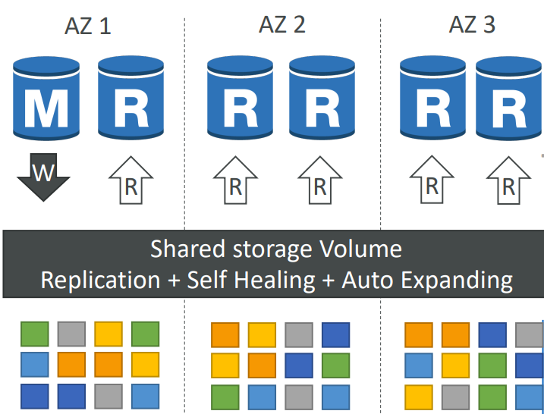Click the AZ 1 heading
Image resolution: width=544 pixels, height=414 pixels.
pos(88,26)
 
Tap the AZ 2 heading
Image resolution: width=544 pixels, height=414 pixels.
pos(282,25)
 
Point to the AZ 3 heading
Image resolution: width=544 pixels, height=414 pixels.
pos(472,25)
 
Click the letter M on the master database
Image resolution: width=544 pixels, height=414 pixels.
pos(46,109)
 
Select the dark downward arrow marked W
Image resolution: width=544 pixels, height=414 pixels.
pos(43,177)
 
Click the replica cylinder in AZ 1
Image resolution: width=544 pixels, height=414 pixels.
pos(130,97)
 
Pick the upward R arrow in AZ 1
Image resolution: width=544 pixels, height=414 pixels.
pos(130,180)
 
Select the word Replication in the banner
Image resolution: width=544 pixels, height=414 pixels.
pos(101,280)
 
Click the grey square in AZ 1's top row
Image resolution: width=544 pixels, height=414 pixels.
pos(71,334)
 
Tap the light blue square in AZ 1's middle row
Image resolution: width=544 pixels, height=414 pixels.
pos(35,365)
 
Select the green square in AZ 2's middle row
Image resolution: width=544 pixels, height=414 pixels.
pos(336,365)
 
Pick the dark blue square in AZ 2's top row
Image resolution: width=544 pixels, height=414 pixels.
pos(336,335)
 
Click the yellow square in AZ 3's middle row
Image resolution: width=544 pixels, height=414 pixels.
pos(455,365)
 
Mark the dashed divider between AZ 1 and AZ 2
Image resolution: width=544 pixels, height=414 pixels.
pos(184,215)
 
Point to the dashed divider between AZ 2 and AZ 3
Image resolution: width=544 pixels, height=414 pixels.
pos(381,215)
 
